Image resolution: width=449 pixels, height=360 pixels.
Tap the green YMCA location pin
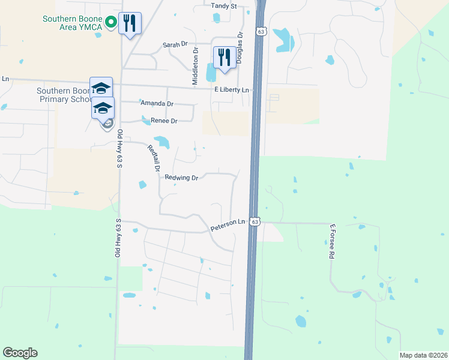click(110, 23)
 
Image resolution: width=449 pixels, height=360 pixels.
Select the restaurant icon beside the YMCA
click(130, 23)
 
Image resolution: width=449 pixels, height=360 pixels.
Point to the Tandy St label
click(224, 5)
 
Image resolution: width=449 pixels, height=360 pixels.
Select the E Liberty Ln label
click(232, 89)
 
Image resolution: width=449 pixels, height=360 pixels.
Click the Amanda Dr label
click(157, 103)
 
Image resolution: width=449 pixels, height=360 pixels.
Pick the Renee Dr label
click(164, 121)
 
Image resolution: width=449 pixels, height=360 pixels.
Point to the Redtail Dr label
click(151, 158)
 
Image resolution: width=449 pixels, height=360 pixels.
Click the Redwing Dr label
click(181, 177)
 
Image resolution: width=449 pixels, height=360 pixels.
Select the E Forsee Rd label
click(331, 242)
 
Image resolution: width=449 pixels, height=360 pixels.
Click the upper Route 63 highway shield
click(260, 31)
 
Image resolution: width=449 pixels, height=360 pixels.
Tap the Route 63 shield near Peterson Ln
click(255, 221)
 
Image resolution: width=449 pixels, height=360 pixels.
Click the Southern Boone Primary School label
click(62, 95)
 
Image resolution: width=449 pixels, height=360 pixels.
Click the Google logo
click(20, 353)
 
